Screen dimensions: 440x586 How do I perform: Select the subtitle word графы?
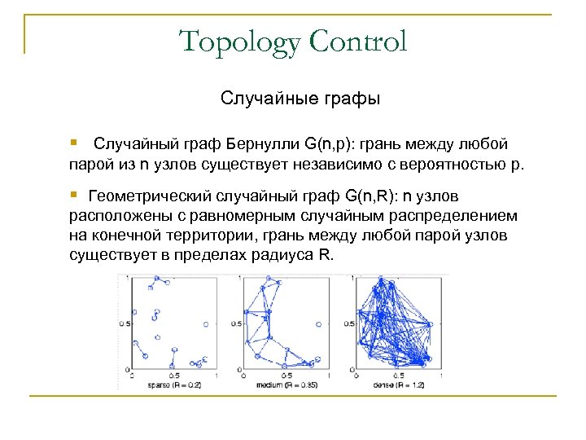(351, 99)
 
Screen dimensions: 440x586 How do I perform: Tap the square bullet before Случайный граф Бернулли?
(74, 143)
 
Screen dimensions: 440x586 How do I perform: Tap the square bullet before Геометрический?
(74, 195)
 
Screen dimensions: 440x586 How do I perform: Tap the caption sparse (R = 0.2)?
(173, 383)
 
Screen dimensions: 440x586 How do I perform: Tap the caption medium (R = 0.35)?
(286, 383)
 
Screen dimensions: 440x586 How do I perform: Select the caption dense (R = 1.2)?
(399, 383)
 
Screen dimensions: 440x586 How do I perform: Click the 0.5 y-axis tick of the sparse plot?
(123, 323)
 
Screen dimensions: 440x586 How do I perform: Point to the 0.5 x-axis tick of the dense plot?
(396, 375)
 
